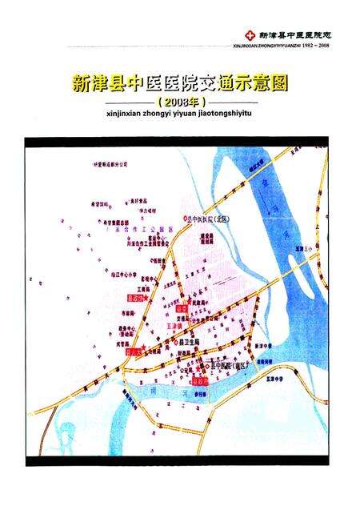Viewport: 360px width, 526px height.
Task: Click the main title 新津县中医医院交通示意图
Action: (x=181, y=82)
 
